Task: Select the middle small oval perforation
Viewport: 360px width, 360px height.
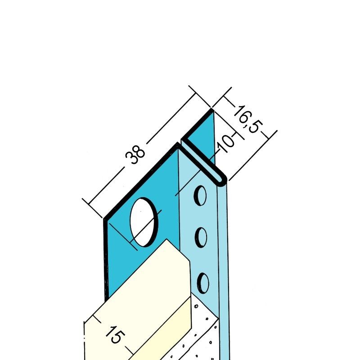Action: [201, 238]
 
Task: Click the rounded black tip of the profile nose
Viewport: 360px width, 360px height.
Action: [221, 181]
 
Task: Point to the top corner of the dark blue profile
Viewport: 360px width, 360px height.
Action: [211, 109]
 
